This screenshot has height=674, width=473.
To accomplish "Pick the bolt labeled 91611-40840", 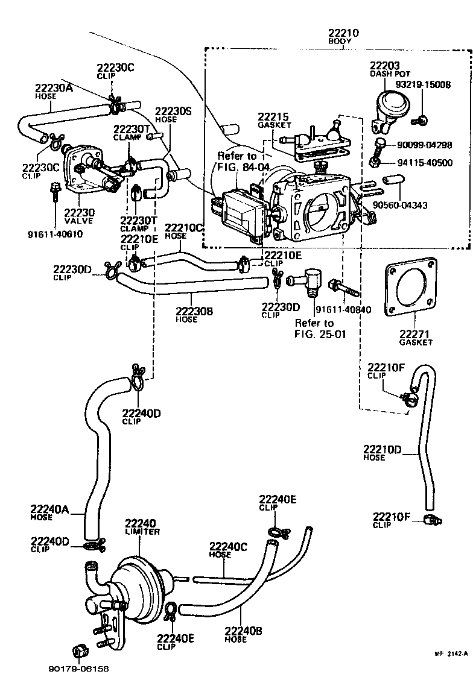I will tap(344, 288).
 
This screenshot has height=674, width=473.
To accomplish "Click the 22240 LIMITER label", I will tap(142, 526).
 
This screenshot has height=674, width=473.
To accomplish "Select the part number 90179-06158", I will tap(77, 668).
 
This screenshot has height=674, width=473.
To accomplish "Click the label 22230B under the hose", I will tap(194, 312).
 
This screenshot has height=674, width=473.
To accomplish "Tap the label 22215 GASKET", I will tap(275, 119).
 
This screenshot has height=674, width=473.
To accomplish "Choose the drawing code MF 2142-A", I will tap(451, 654).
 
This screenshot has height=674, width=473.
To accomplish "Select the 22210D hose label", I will tap(382, 453).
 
